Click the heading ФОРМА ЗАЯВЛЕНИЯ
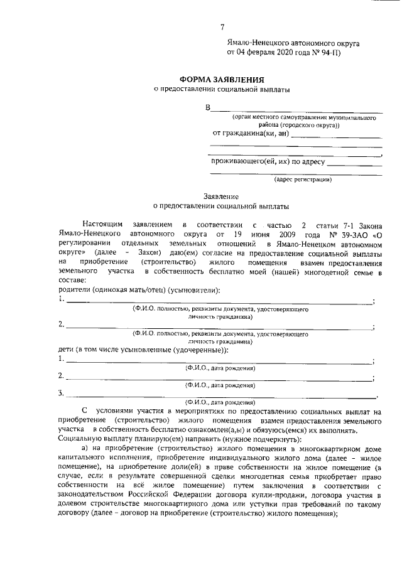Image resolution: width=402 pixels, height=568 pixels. [x=222, y=80]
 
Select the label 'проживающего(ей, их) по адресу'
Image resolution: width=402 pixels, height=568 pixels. [x=268, y=161]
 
